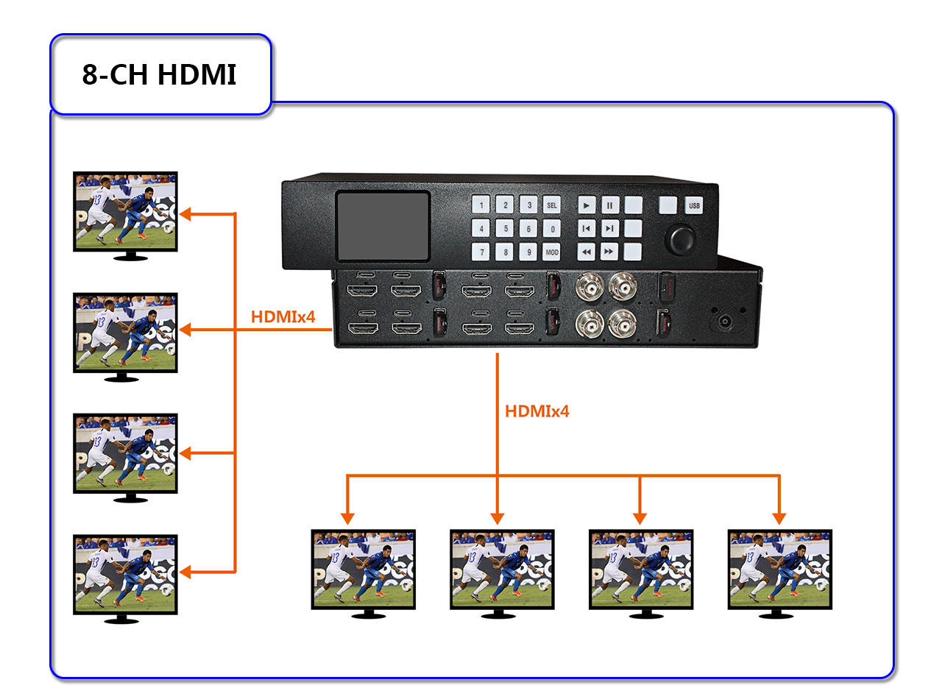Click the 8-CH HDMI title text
click(x=160, y=74)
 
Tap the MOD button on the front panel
click(x=552, y=252)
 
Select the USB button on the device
click(x=694, y=205)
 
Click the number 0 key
click(x=552, y=229)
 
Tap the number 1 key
click(x=481, y=205)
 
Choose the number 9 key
click(x=528, y=252)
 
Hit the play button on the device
click(x=586, y=205)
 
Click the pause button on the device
click(x=609, y=205)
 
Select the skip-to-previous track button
click(x=586, y=229)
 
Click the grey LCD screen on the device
click(x=383, y=226)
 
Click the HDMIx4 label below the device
click(x=536, y=411)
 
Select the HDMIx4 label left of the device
click(x=283, y=318)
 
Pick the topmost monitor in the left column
click(x=125, y=211)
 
